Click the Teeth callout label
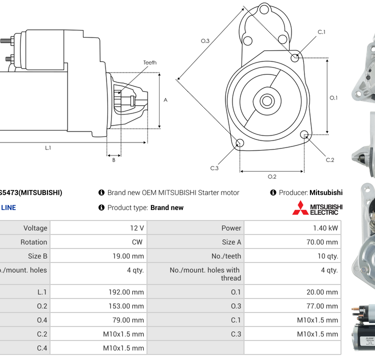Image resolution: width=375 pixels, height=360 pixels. point(149,62)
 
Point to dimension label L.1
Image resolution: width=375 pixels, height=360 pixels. point(48,147)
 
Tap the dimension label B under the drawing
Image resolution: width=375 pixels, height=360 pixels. point(113,160)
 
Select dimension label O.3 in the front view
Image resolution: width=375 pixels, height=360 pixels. point(205,40)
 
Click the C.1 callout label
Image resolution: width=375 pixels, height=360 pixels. point(321,32)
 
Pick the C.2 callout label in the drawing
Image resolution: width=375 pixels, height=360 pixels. point(329,160)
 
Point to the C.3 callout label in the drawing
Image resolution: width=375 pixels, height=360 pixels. point(214,168)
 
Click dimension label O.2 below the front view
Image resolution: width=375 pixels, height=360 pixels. point(272,176)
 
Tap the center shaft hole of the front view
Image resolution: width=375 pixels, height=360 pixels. point(267,101)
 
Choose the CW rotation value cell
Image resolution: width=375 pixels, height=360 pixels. point(137,242)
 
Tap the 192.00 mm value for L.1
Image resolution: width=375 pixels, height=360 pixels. point(127,292)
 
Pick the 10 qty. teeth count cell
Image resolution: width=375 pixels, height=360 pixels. point(327,256)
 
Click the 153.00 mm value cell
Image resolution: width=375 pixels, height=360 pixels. point(127,306)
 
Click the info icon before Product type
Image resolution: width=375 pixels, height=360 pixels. point(101,207)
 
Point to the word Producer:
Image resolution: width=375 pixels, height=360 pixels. point(293,192)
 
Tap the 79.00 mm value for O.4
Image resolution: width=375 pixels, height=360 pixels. point(129,320)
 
